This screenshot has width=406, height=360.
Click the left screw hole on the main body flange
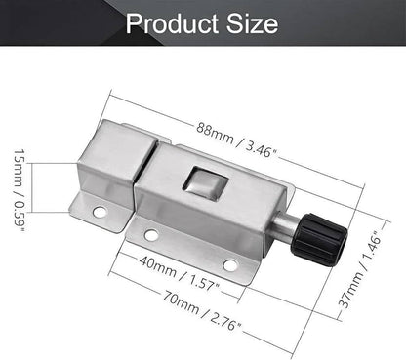tap(150, 235)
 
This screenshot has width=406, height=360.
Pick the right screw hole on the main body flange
tap(229, 265)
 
